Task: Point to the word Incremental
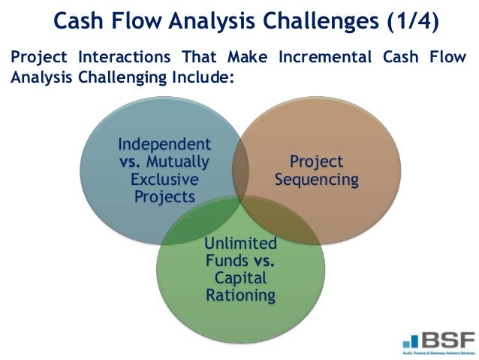(x=321, y=59)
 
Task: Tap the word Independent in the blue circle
(x=164, y=144)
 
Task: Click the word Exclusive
(x=164, y=180)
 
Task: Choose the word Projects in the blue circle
(x=164, y=197)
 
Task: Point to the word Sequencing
(x=316, y=180)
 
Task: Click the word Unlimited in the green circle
(x=241, y=244)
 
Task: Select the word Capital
(x=241, y=278)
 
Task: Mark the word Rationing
(x=241, y=295)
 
